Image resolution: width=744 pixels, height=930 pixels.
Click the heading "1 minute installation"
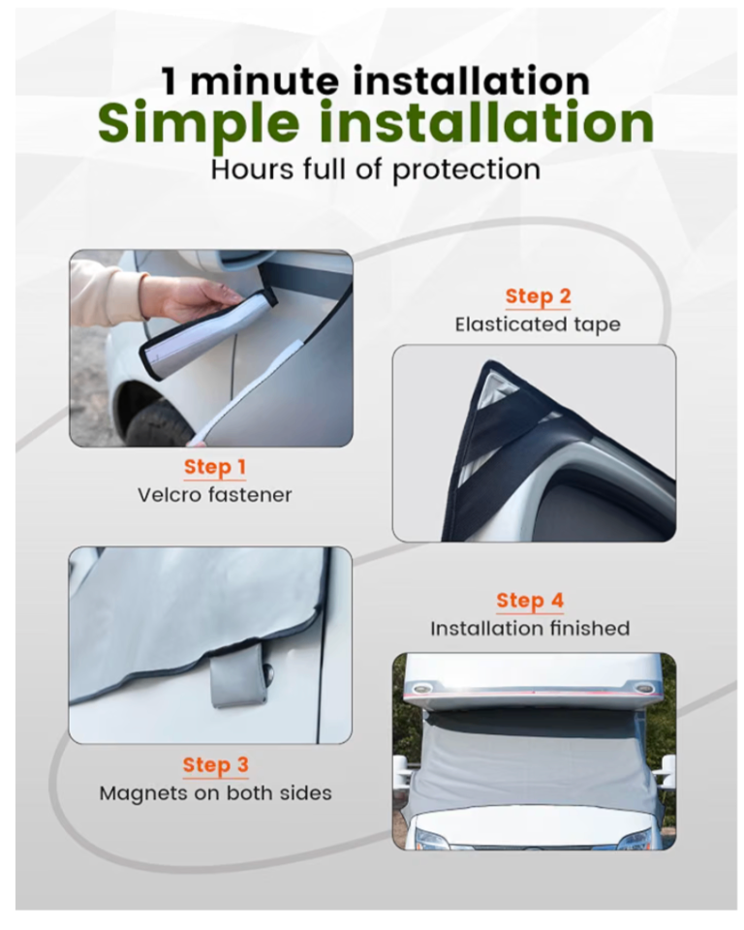tap(376, 80)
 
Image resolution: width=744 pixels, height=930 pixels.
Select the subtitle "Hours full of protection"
tap(376, 170)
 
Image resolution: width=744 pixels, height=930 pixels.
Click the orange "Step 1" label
tap(215, 467)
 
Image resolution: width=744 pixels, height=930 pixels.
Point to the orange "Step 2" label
tap(538, 296)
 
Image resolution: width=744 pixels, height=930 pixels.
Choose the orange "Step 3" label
tap(215, 765)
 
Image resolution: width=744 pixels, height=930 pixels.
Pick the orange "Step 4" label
tap(530, 601)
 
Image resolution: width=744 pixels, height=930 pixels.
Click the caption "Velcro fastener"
tap(215, 495)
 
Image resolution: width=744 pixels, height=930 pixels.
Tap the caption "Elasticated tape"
tap(538, 325)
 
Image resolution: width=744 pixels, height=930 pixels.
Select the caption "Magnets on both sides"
tap(215, 793)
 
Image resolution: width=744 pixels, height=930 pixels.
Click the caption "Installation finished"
tap(530, 628)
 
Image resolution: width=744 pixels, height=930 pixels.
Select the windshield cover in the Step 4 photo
tap(534, 765)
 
